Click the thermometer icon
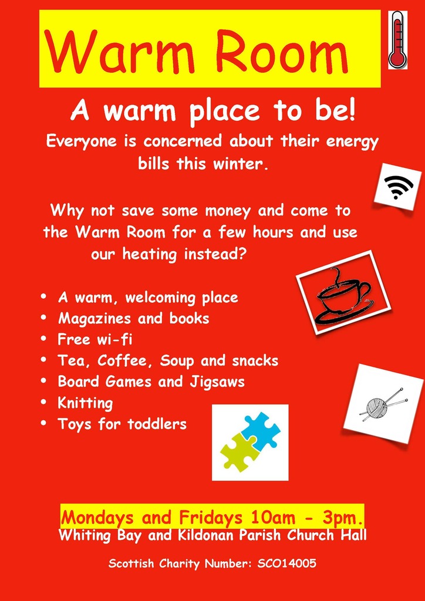(x=397, y=39)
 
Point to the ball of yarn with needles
(x=382, y=404)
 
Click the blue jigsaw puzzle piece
(x=261, y=430)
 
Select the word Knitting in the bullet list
(x=85, y=403)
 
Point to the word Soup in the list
(x=178, y=360)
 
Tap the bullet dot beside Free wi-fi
(x=44, y=339)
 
